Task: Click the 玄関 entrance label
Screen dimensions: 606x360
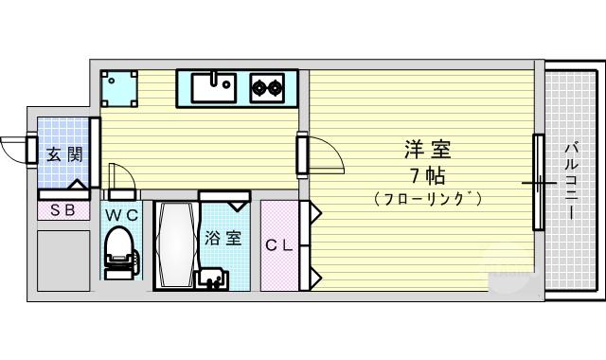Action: [x=64, y=155]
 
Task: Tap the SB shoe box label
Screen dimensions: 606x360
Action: [x=63, y=210]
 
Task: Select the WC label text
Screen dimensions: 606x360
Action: [x=121, y=215]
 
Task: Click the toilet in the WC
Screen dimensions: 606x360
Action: [x=121, y=252]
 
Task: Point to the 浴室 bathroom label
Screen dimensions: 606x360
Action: [x=223, y=238]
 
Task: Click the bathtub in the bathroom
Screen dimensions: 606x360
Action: [x=176, y=244]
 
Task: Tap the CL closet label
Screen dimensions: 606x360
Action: [x=278, y=245]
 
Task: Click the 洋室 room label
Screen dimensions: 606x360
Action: [x=427, y=150]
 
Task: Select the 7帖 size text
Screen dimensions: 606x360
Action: [x=427, y=176]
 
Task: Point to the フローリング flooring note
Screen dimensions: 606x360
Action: [x=428, y=199]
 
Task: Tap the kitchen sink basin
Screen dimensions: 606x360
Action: [x=214, y=88]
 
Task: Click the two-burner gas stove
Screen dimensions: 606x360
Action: [x=266, y=88]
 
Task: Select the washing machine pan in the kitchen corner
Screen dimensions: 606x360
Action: [x=119, y=88]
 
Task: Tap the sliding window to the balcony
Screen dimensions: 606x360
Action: [x=539, y=182]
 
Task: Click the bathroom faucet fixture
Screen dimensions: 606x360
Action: [x=212, y=279]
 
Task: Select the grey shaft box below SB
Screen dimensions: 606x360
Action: [x=63, y=261]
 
